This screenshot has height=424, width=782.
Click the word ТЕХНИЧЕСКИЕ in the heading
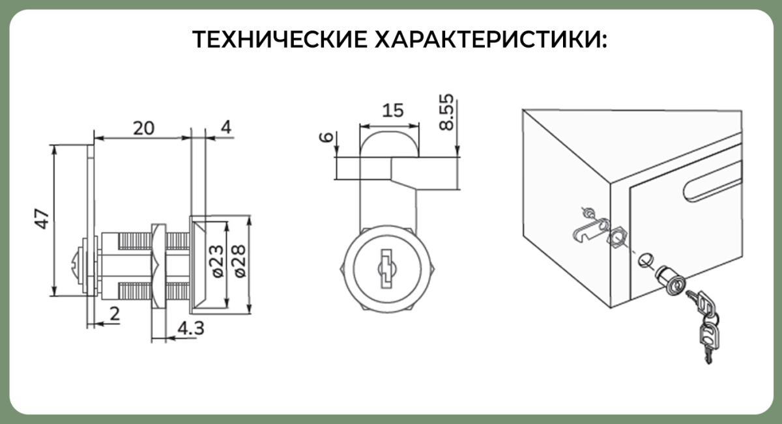pos(280,39)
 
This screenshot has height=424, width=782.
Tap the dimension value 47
pos(42,219)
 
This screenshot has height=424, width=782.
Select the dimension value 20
pos(143,128)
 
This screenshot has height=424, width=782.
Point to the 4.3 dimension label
pos(191,328)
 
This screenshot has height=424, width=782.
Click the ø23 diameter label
pos(218,261)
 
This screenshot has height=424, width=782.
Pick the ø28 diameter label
pos(240,261)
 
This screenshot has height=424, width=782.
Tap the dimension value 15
pos(393,110)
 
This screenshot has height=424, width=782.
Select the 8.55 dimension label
pos(447,113)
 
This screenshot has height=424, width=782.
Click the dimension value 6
pos(326,137)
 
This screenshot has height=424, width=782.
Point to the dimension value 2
pos(115,314)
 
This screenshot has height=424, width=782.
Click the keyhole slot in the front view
pos(386,268)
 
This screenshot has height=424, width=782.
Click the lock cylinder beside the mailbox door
pos(671,281)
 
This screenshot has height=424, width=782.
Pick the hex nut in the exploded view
pos(618,236)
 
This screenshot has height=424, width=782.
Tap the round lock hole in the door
pos(646,260)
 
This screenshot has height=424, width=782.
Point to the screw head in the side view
pos(77,266)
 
